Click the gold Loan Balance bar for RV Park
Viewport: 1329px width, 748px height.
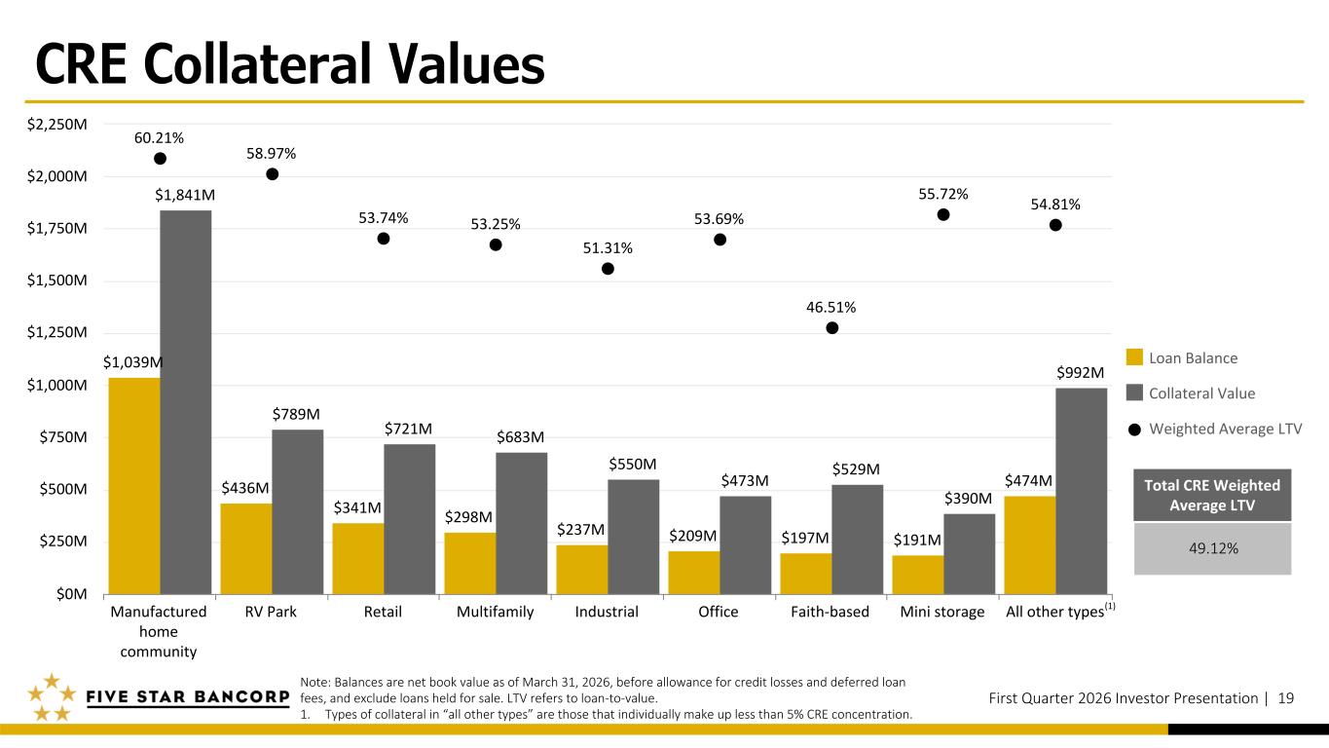(x=246, y=547)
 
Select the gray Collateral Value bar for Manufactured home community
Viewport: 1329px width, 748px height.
(x=186, y=401)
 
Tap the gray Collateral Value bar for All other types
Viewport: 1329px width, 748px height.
(x=1081, y=490)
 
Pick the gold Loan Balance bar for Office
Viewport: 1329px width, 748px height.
(x=694, y=572)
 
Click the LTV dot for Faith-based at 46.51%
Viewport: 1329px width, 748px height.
(x=831, y=328)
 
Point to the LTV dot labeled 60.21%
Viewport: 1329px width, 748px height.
(x=160, y=159)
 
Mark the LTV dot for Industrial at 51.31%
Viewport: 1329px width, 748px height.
(x=608, y=269)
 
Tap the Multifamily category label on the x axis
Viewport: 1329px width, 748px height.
(x=495, y=613)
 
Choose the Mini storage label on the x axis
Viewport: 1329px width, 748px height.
(x=942, y=613)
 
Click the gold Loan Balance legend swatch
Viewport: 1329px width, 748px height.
(x=1133, y=357)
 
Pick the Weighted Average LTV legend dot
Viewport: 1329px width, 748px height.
(x=1133, y=429)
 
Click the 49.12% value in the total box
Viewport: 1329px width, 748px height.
(x=1213, y=548)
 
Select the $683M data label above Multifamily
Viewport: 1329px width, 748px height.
(x=521, y=436)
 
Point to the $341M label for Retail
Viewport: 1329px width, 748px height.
(x=357, y=507)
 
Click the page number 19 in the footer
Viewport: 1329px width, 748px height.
(x=1285, y=697)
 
